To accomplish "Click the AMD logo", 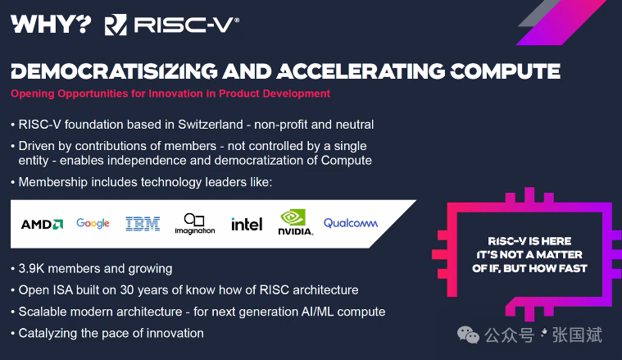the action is click(42, 224).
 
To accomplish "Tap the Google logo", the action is click(93, 223).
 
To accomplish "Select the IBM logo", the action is click(143, 224).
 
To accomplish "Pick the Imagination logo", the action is click(195, 224).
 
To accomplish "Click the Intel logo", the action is click(247, 224).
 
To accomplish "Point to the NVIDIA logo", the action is click(296, 222).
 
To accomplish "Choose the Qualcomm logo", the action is click(351, 223).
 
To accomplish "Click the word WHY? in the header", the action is click(51, 25).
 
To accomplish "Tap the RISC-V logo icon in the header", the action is click(116, 25).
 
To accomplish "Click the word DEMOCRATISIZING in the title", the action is click(114, 71).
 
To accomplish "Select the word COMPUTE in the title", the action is click(505, 71).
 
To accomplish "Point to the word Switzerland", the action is click(211, 125).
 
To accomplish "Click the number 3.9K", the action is click(31, 269).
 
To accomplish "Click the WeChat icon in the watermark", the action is click(468, 335).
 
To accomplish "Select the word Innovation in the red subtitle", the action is click(175, 93).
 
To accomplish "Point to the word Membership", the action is click(52, 182).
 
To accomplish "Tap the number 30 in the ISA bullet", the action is click(126, 290).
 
